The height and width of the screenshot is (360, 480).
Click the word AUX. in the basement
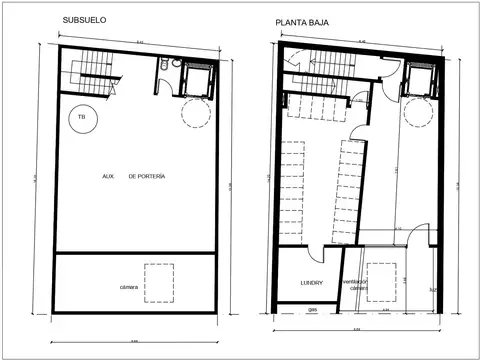[x=108, y=176]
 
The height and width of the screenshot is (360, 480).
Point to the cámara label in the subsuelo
[x=131, y=287]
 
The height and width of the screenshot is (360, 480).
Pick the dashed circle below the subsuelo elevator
[x=194, y=112]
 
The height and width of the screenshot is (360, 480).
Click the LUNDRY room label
[x=311, y=283]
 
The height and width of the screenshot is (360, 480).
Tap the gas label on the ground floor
[x=312, y=310]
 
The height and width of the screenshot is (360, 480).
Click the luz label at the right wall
[x=433, y=291]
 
